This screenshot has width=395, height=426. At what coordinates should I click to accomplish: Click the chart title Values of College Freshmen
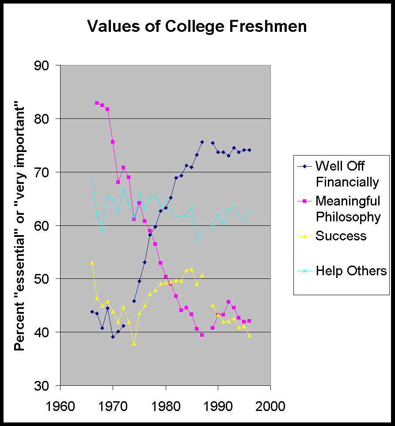197,27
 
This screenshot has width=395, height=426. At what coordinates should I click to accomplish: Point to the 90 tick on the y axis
46,65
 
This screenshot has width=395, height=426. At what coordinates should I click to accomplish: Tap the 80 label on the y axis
46,119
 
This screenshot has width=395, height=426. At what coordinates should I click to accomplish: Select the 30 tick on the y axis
46,385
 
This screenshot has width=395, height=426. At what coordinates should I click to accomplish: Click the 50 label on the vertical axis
46,279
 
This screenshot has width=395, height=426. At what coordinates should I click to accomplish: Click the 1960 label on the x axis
60,406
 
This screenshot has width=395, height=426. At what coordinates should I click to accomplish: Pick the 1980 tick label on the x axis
166,406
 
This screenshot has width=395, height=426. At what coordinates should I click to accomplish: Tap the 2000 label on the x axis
270,406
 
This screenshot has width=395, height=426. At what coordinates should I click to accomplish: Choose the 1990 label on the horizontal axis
218,406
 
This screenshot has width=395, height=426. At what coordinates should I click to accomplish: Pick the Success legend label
341,236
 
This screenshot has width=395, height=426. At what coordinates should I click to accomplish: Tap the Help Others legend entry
351,271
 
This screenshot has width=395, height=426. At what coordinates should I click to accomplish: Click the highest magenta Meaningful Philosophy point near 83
97,103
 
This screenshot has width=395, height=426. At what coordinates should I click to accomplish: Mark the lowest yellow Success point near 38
134,343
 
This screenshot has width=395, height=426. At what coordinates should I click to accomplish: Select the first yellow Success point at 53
92,262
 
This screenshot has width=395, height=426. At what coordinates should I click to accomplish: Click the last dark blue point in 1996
249,150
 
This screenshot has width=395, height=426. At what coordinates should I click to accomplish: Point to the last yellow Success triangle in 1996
249,335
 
